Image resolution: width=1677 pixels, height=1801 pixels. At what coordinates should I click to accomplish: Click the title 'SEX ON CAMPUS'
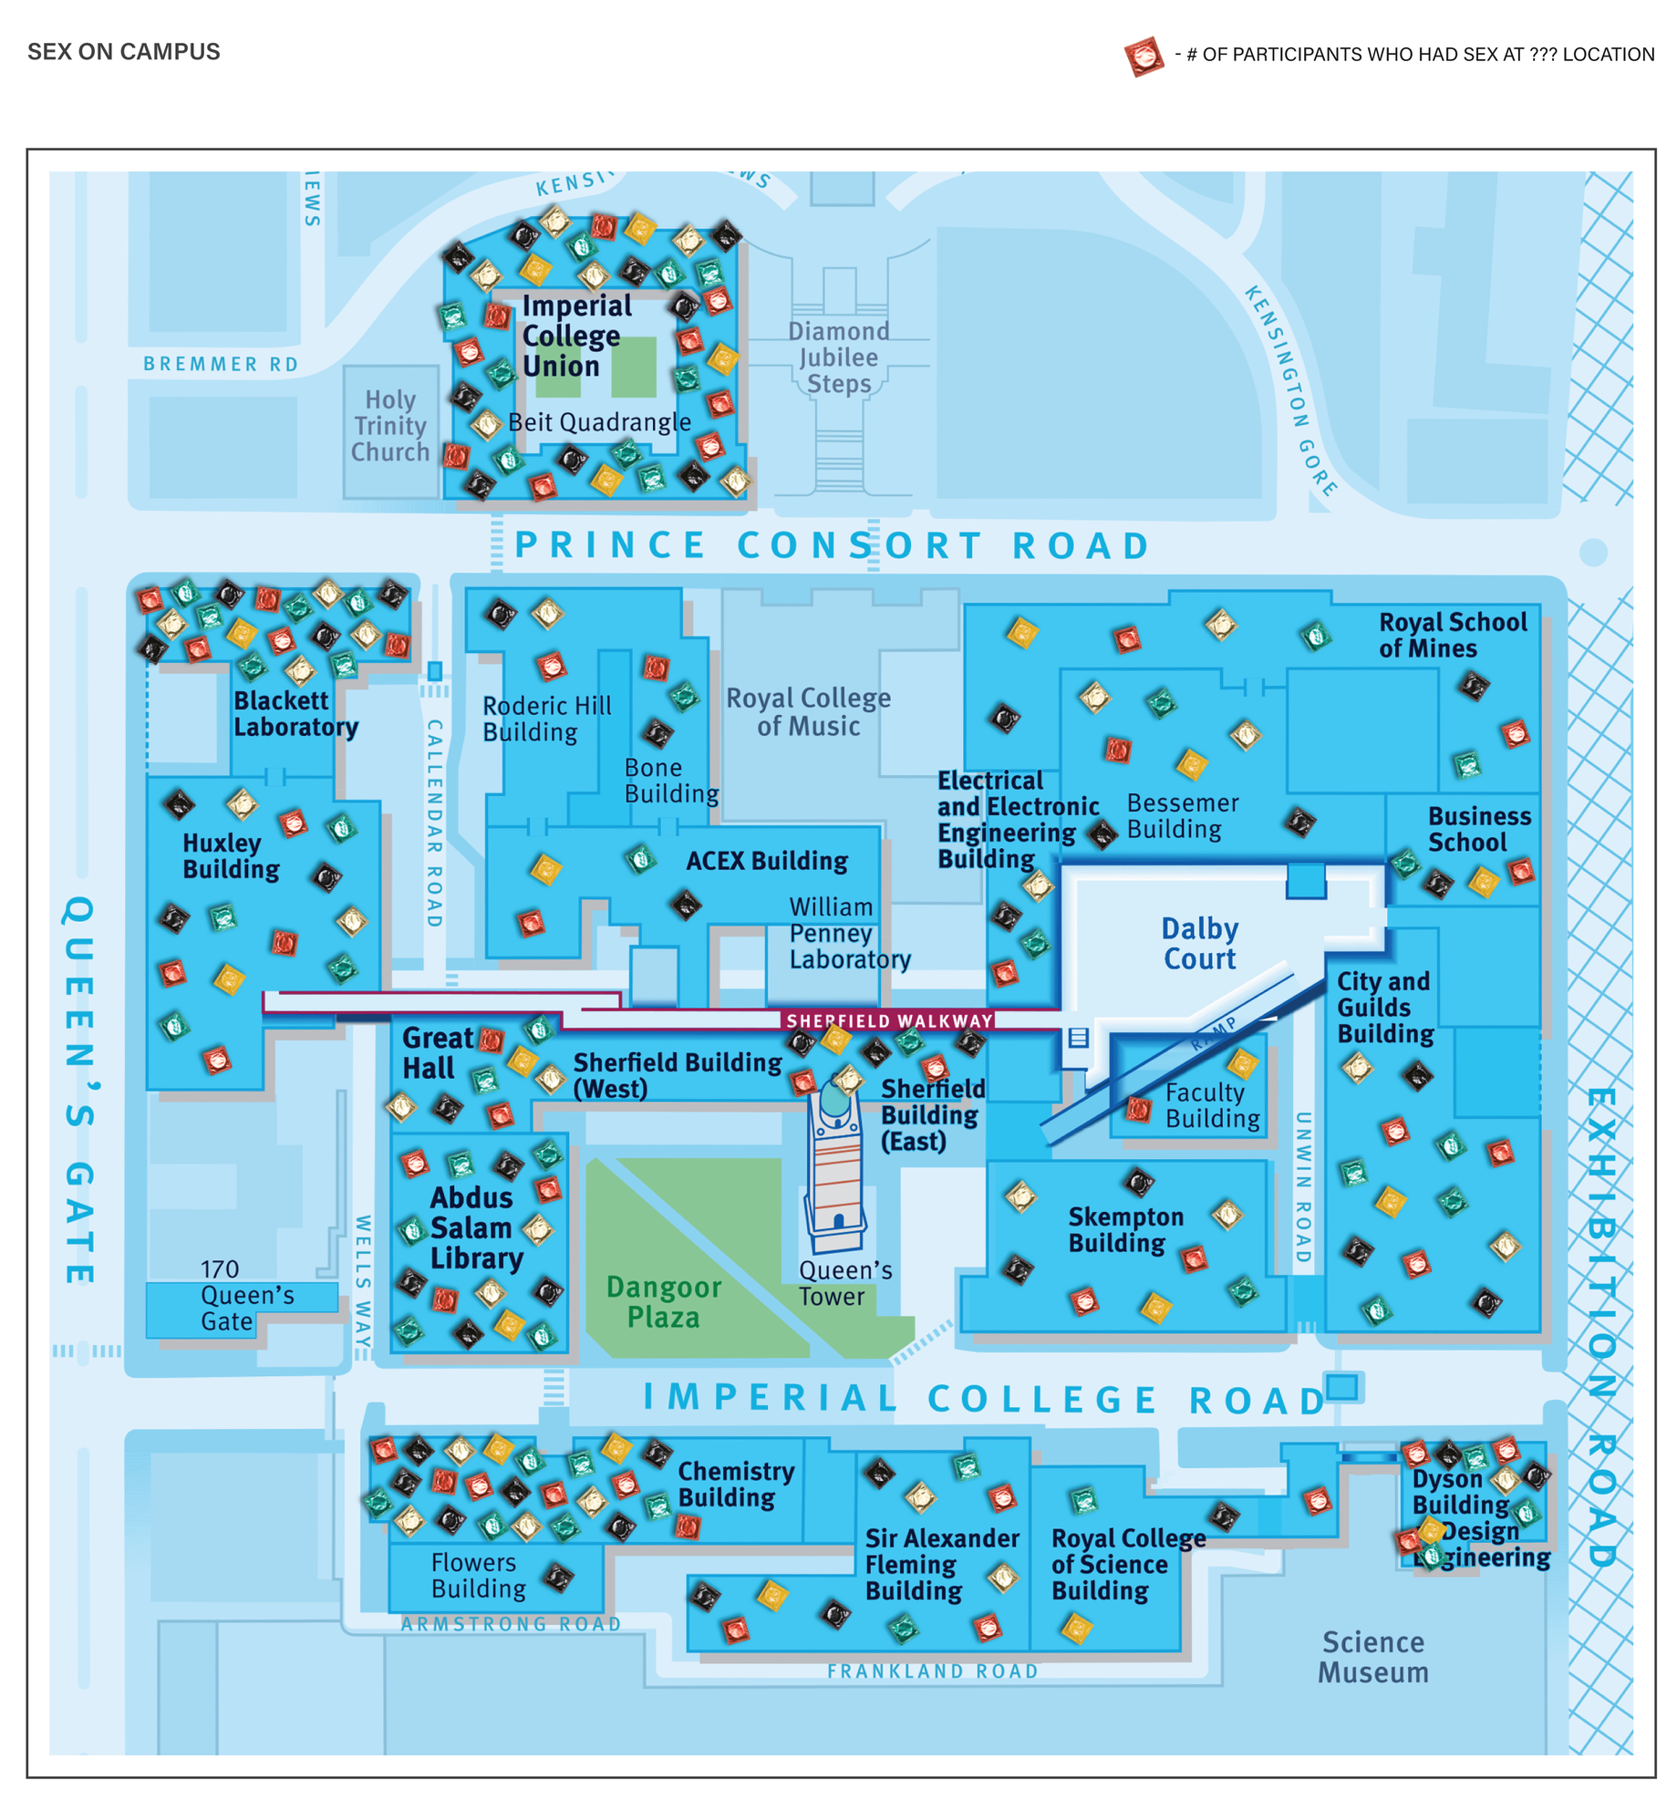pos(123,52)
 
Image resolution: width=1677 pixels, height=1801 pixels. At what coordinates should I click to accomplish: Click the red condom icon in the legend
pos(1143,57)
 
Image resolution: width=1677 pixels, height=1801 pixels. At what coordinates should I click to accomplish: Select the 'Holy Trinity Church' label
pos(389,426)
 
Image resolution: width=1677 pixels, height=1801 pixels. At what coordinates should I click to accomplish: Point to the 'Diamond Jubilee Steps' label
pos(838,357)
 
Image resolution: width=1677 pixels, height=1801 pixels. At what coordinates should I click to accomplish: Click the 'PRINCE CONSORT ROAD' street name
pos(831,545)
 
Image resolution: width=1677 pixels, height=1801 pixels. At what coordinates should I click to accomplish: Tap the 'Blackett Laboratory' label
pos(295,714)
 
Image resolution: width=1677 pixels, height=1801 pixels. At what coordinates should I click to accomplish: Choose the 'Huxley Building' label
pos(230,856)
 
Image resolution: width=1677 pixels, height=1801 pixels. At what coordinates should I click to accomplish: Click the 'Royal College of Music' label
pos(808,712)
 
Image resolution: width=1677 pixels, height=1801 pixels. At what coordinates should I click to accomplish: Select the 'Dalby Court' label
pos(1199,944)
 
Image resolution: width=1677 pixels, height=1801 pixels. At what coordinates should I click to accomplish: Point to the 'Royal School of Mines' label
pos(1451,636)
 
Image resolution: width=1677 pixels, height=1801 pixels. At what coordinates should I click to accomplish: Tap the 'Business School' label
pos(1478,829)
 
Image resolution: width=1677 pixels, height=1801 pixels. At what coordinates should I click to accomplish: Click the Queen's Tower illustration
pos(835,1167)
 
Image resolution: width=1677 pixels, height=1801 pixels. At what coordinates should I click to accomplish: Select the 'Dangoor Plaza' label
pos(663,1302)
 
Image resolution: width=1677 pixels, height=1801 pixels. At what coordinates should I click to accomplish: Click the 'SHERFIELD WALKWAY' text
pos(889,1020)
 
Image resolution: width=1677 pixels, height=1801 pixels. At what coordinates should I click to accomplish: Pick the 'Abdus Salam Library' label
pos(476,1227)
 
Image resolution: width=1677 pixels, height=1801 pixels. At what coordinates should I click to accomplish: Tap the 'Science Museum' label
pos(1372,1657)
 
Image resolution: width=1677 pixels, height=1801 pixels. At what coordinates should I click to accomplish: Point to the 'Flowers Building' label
pos(477,1576)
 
